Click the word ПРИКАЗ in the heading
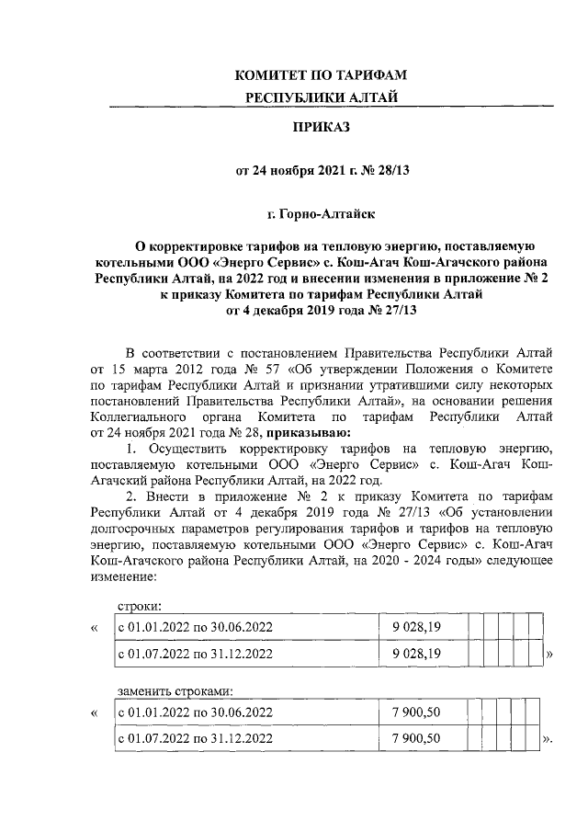322,128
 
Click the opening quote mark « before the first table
95,628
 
